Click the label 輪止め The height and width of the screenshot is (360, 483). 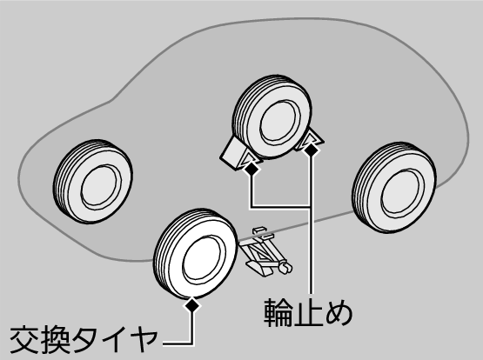click(x=308, y=312)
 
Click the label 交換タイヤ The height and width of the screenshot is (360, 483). click(x=84, y=339)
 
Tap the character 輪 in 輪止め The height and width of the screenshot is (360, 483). click(x=278, y=312)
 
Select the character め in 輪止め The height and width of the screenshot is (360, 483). click(x=339, y=313)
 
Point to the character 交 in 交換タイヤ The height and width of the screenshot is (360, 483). click(x=24, y=339)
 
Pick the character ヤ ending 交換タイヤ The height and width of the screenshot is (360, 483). click(x=144, y=340)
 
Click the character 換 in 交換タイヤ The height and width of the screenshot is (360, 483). click(x=54, y=339)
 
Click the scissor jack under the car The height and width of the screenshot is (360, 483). click(x=265, y=251)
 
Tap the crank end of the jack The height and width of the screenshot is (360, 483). click(x=285, y=266)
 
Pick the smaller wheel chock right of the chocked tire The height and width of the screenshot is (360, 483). click(x=311, y=139)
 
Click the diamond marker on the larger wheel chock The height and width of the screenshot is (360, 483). click(x=252, y=168)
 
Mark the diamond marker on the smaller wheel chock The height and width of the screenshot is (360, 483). click(x=311, y=150)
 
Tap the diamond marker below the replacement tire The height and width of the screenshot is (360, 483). click(x=192, y=304)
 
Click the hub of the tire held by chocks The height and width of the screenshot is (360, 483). click(x=280, y=123)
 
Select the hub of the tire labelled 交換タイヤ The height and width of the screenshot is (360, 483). click(x=203, y=259)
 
